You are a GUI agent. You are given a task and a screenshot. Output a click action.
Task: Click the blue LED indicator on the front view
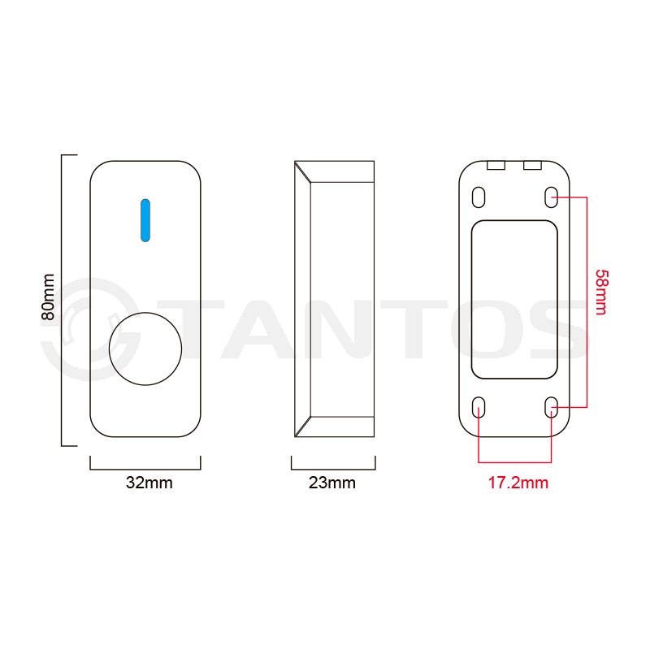click(x=145, y=220)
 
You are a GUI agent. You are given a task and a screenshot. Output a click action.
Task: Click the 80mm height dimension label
click(x=48, y=297)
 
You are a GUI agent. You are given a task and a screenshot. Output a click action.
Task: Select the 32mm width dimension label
click(x=149, y=483)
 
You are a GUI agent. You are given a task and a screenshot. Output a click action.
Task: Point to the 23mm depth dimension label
click(x=332, y=483)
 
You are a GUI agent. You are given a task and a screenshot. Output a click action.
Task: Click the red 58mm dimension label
click(x=601, y=292)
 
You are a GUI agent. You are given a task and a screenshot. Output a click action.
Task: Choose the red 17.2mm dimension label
click(x=518, y=483)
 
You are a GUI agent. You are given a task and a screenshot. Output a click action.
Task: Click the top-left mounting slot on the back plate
click(x=479, y=197)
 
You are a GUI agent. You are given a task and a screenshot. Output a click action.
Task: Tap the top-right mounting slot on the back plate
click(x=551, y=197)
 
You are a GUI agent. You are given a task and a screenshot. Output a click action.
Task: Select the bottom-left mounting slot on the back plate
click(x=479, y=407)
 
